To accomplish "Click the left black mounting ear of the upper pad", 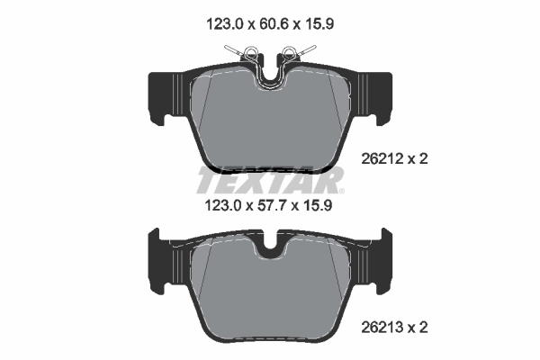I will [162, 94].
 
